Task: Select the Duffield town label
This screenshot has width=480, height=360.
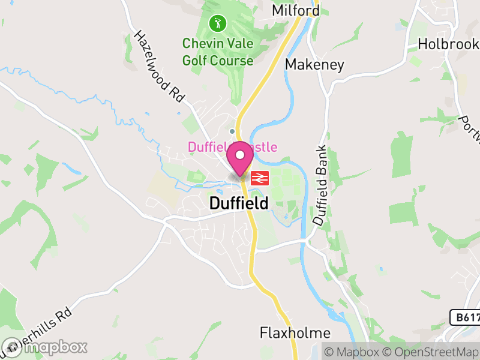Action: tap(239, 204)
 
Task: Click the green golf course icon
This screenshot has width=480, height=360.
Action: tap(217, 23)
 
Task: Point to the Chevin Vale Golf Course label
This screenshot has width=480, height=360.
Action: tap(218, 52)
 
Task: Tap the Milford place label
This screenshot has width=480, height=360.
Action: tap(296, 10)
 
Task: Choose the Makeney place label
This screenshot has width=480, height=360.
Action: tap(314, 64)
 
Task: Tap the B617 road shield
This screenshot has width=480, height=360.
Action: tap(464, 317)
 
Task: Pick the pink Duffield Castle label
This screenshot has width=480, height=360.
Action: tap(232, 147)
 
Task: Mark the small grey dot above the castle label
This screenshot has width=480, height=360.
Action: tap(232, 131)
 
